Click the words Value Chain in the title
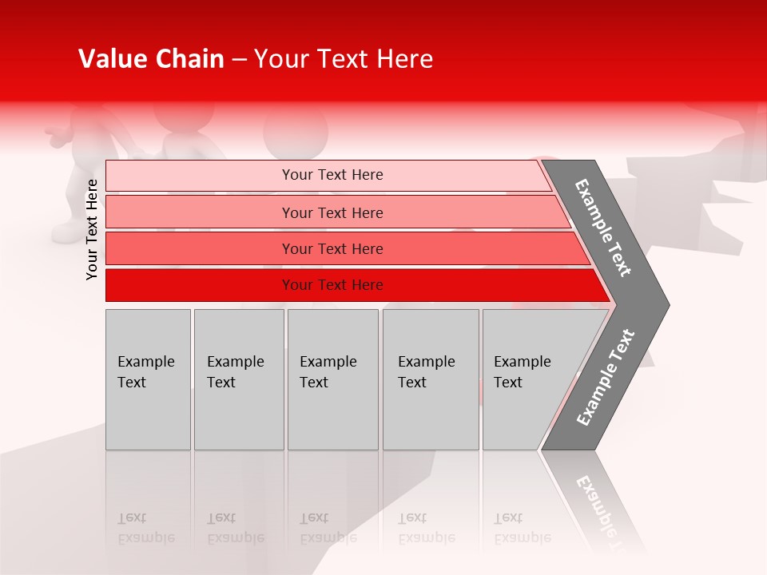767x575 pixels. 151,59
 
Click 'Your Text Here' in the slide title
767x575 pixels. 344,59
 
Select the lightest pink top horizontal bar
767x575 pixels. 200,175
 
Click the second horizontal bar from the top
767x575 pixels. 200,212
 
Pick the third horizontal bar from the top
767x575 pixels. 200,248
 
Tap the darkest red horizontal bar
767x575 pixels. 200,285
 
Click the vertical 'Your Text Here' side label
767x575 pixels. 92,229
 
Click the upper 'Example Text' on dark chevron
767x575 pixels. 603,228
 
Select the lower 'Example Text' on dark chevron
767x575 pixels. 606,377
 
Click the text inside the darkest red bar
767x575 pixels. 332,285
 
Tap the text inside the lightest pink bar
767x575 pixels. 332,175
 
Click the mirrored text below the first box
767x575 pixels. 145,528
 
